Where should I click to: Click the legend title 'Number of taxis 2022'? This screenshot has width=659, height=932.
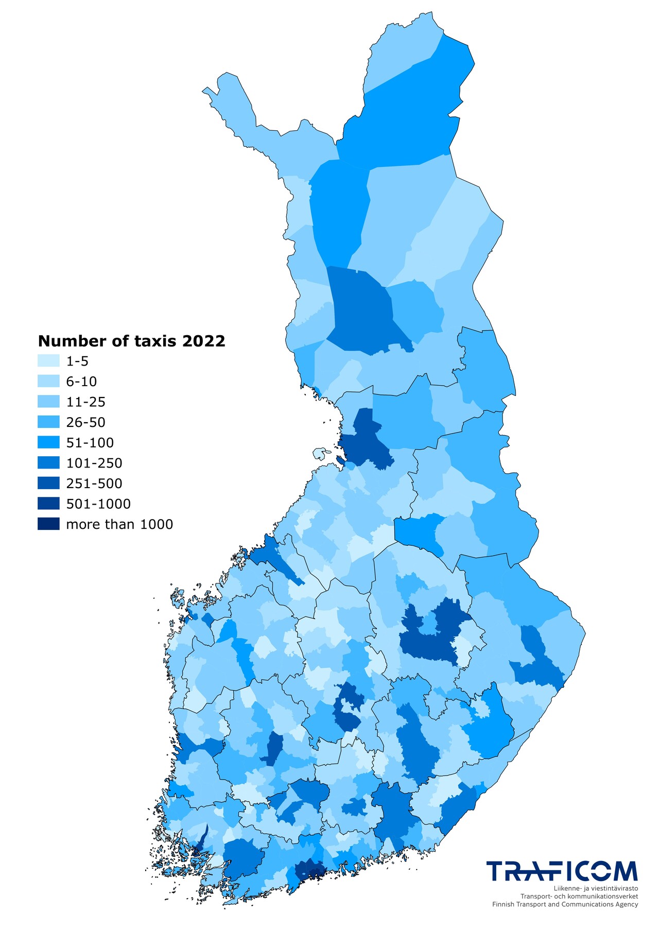click(x=132, y=341)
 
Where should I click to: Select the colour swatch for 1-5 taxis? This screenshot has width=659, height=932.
click(x=48, y=361)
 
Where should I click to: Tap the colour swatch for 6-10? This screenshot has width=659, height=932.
click(x=48, y=382)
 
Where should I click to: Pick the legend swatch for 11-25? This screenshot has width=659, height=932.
click(x=48, y=402)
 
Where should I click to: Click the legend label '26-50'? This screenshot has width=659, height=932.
click(x=85, y=422)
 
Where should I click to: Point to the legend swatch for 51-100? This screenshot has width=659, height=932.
click(x=48, y=442)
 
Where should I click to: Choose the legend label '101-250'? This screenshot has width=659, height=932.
click(x=94, y=463)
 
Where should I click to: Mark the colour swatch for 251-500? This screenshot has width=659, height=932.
click(x=48, y=483)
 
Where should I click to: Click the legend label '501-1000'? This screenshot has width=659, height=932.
click(x=98, y=504)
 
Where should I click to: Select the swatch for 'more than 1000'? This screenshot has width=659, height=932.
click(x=48, y=524)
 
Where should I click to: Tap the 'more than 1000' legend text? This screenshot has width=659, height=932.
click(x=119, y=524)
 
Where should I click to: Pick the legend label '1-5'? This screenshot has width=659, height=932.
click(x=77, y=361)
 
